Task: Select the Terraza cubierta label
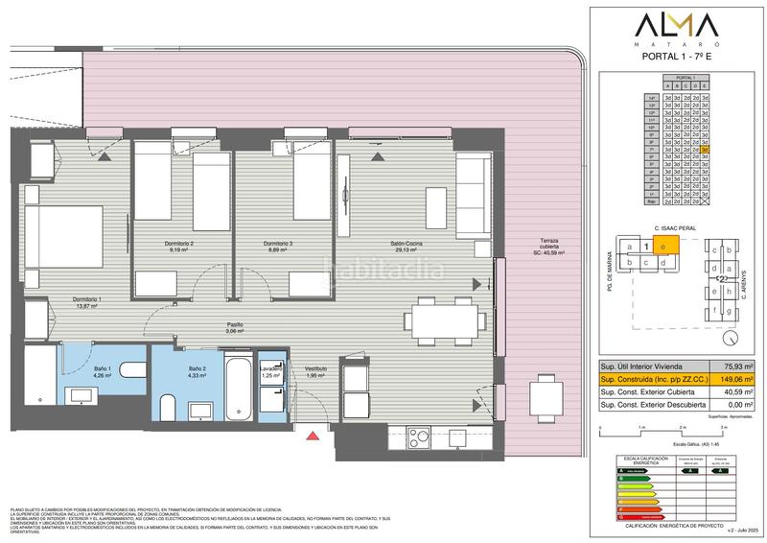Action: tap(549, 246)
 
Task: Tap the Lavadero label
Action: tap(271, 371)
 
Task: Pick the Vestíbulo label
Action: tap(316, 372)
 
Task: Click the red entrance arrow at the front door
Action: tap(311, 437)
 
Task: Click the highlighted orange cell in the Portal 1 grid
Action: tap(705, 150)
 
